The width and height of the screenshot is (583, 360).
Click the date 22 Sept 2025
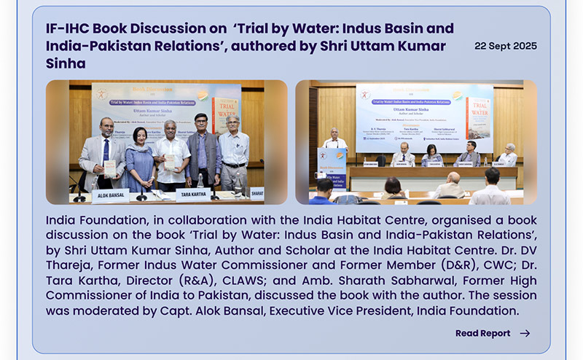505,46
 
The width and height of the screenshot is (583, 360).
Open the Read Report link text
482,333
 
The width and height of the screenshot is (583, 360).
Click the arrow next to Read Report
525,333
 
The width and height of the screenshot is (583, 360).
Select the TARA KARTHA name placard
193,194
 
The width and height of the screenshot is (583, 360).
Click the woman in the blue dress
140,157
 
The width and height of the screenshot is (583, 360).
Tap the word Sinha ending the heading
66,63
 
